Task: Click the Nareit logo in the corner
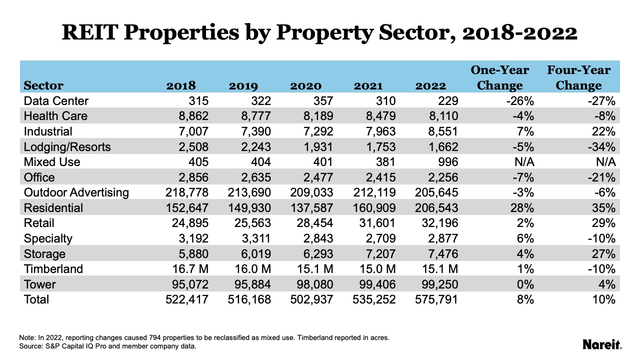[602, 344]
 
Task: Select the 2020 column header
[305, 85]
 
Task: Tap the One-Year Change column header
[499, 77]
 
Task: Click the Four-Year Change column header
[578, 77]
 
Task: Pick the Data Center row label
[56, 101]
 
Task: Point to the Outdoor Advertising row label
[76, 192]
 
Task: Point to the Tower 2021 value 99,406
[374, 284]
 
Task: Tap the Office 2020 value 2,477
[318, 177]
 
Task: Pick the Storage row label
[44, 254]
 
